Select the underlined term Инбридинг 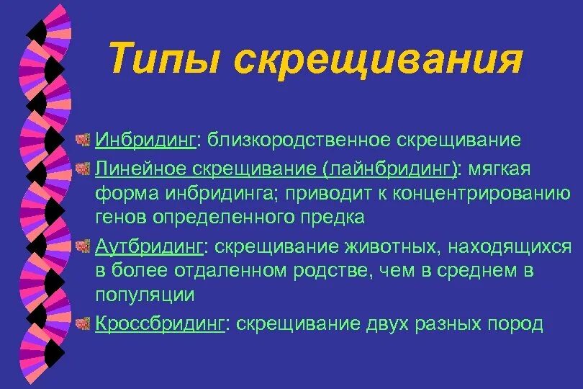click(x=146, y=140)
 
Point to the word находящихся click(x=510, y=247)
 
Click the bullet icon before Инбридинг click(x=84, y=139)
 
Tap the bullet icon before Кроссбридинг click(x=84, y=323)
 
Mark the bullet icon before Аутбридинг click(x=84, y=246)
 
